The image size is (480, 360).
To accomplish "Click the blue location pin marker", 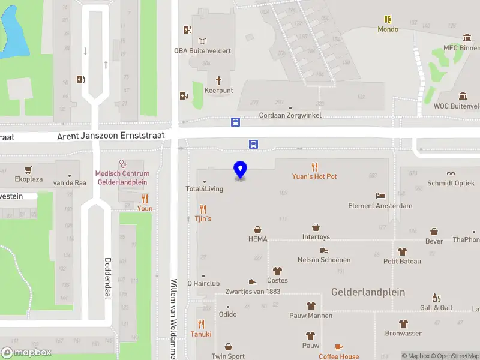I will (x=240, y=170).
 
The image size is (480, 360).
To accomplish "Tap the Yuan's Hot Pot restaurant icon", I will (x=314, y=166).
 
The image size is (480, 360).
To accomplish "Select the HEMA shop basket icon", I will (x=257, y=229).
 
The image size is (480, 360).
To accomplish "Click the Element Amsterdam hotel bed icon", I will (x=380, y=196).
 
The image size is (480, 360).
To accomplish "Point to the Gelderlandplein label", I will (x=368, y=292).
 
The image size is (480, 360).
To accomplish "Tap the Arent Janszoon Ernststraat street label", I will (x=114, y=137).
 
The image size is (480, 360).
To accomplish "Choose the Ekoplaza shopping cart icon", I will (x=28, y=170).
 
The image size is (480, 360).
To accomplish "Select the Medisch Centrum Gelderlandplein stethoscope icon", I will (x=122, y=163).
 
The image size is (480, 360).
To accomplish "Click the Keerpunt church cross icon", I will (x=218, y=80).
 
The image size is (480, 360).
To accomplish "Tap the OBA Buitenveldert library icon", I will (x=202, y=41).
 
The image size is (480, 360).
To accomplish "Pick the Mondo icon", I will (x=388, y=19).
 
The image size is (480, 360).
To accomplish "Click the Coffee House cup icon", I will (x=338, y=347).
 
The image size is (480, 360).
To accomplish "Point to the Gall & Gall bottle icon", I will (x=436, y=298).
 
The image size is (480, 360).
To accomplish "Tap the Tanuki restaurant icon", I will (x=201, y=324).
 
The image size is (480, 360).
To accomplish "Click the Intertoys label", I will (x=316, y=237).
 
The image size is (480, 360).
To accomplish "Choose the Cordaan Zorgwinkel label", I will (x=290, y=115).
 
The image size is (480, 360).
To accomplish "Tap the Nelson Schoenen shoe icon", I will (x=324, y=250).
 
